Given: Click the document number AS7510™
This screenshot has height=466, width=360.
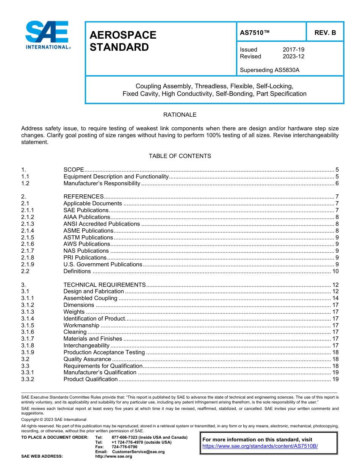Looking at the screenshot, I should pos(255,33).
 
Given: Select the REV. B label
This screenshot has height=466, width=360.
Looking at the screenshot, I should pos(325,33).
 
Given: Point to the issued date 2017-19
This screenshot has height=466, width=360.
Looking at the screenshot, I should pos(293,50).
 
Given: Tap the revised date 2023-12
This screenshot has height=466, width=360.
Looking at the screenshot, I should pos(293,56).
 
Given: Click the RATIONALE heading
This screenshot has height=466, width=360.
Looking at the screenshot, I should pos(180,114).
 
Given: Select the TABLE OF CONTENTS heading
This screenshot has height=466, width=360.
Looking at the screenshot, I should pos(180,156).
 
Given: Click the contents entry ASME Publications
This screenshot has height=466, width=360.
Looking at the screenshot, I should pos(88,231).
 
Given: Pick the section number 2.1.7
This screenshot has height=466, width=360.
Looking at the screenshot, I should pos(28,251).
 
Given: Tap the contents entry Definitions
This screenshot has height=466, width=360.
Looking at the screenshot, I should pos(77,271).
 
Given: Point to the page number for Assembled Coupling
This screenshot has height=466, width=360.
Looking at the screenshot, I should pos(335,298).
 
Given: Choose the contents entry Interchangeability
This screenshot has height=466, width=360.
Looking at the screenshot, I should pos(86,346).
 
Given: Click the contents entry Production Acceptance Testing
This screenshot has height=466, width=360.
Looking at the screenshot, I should pos(104,352).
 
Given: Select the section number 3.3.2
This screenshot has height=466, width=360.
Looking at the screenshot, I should pos(28,379).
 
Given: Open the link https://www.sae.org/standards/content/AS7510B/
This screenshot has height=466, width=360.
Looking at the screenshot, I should pos(260,446).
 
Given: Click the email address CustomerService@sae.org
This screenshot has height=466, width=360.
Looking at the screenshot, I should pos(138,452).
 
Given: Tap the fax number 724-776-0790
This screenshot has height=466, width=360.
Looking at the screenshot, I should pos(124,447).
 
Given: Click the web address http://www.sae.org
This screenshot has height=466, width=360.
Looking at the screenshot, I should pos(113,457).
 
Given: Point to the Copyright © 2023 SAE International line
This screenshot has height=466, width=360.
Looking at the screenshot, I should pos(54,419).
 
